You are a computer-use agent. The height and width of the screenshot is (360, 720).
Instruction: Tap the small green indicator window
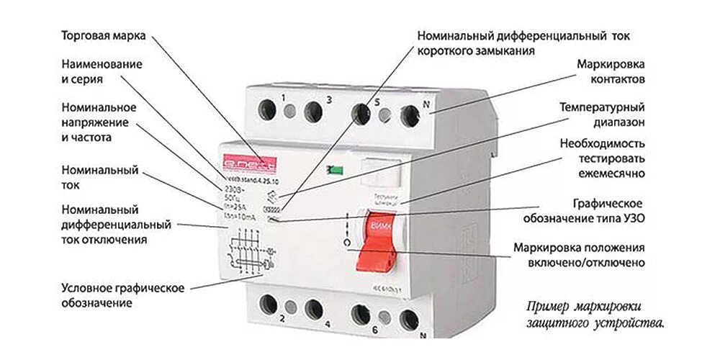pos(333,170)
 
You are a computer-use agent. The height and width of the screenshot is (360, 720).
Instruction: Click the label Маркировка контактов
pos(611,71)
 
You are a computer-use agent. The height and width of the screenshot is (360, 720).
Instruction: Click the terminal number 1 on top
pos(284,97)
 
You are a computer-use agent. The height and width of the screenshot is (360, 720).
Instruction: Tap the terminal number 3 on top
pos(328,99)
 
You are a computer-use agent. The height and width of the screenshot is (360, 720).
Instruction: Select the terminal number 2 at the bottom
pos(283,318)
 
